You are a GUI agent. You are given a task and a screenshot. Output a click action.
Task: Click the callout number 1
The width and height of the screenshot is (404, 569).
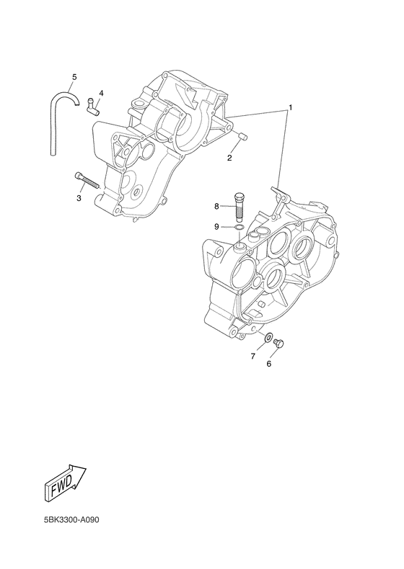(x=291, y=107)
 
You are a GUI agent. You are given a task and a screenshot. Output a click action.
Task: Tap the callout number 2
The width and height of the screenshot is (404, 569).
(x=229, y=158)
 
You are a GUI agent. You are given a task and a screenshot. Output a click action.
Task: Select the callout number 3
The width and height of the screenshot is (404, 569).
(x=79, y=198)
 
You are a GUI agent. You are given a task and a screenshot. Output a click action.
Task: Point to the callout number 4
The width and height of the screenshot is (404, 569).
(x=101, y=93)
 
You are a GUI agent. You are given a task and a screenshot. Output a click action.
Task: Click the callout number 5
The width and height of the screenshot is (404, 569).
(x=74, y=77)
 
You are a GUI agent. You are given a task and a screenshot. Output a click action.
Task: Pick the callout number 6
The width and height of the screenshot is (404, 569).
(x=268, y=364)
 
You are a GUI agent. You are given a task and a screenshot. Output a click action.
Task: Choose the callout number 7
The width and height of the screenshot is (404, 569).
(x=253, y=357)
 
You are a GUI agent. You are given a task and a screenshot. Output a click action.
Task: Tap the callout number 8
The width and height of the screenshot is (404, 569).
(x=216, y=207)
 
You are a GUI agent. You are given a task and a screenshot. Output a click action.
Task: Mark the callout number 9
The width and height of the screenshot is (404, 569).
(x=216, y=227)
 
